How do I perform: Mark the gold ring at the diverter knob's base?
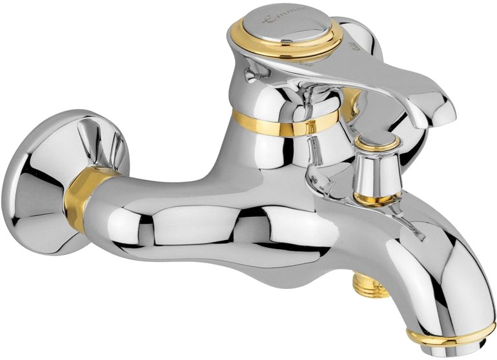[x=376, y=195]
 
